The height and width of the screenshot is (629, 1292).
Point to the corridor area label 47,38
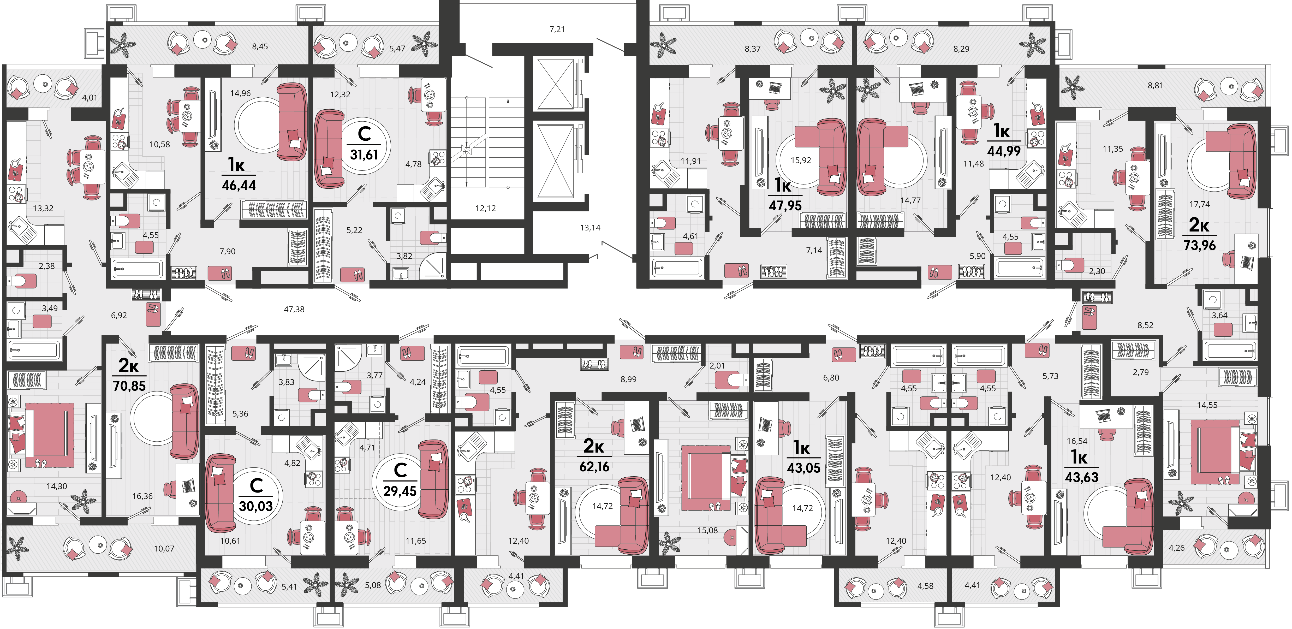point(294,310)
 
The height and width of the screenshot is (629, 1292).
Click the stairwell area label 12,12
point(485,208)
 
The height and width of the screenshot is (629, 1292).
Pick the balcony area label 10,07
point(164,549)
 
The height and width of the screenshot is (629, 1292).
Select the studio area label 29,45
point(400,491)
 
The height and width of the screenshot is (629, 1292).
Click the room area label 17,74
point(1200,204)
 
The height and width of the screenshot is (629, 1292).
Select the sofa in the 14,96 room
point(293,122)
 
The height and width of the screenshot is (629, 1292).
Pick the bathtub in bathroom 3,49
point(34,350)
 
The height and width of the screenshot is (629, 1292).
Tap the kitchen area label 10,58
point(159,144)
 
